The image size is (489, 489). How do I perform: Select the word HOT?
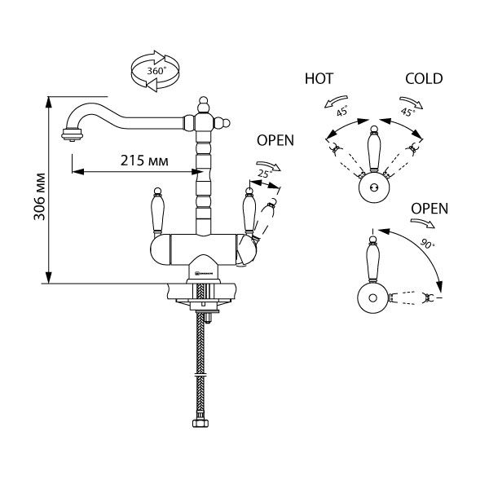point(319,79)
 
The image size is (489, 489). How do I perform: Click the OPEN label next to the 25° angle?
point(275,140)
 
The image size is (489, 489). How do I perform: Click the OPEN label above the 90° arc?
point(430,208)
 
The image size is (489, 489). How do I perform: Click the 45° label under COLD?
point(407,112)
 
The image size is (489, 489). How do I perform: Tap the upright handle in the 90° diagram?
point(372,254)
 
